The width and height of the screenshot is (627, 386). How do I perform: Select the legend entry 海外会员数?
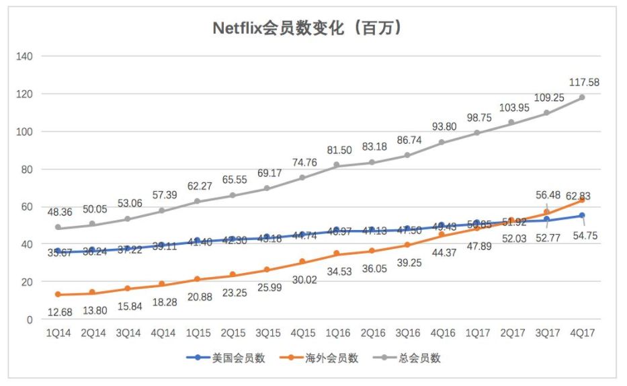pyautogui.click(x=331, y=358)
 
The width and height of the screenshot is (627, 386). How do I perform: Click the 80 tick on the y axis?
pyautogui.click(x=27, y=169)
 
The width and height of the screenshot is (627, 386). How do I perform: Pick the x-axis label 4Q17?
pyautogui.click(x=582, y=334)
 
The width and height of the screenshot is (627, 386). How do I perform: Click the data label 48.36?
pyautogui.click(x=59, y=212)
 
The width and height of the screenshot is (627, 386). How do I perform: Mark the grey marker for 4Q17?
pyautogui.click(x=582, y=98)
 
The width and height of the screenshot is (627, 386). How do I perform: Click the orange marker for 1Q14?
pyautogui.click(x=58, y=295)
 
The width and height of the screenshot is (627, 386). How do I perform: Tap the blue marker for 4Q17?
pyautogui.click(x=582, y=215)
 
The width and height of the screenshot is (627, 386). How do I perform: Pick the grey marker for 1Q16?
pyautogui.click(x=337, y=165)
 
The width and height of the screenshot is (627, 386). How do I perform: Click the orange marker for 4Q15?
pyautogui.click(x=302, y=262)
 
